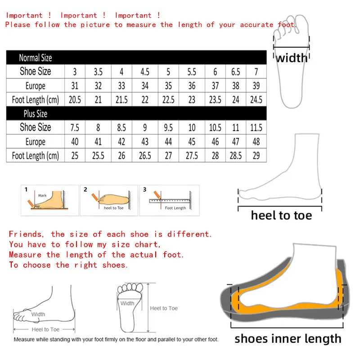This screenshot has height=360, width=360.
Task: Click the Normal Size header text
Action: [x=35, y=58]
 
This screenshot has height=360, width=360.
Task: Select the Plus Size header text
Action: [x=35, y=113]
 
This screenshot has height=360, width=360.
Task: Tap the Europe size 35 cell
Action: [x=168, y=85]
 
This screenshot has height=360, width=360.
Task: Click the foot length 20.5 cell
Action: [x=75, y=100]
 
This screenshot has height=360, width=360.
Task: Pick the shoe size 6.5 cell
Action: [x=235, y=72]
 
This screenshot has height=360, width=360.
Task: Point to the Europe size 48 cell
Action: [x=256, y=142]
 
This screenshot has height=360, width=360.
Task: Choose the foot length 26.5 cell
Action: [x=145, y=156]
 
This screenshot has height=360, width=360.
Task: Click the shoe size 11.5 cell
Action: [x=256, y=127]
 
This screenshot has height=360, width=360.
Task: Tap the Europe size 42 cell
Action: [x=121, y=142]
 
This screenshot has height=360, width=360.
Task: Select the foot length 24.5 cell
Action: [x=256, y=100]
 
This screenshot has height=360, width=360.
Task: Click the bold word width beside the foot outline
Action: [x=292, y=58]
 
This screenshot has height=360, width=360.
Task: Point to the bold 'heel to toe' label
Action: [x=281, y=216]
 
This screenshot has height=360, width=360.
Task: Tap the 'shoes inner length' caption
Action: [x=288, y=338]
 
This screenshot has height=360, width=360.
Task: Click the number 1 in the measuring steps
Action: [x=26, y=189]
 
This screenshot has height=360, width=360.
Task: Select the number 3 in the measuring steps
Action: [x=145, y=189]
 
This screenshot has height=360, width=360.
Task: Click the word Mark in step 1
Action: [x=42, y=196]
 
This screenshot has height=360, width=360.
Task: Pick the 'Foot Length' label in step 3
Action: [x=175, y=208]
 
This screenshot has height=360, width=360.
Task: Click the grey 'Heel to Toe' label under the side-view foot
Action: [x=45, y=329]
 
